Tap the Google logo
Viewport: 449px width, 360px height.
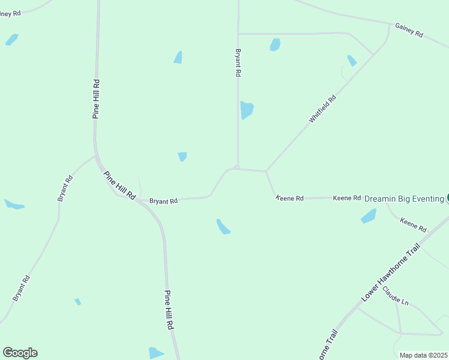coord(20,353)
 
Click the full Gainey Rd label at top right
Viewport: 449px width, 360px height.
coord(409,31)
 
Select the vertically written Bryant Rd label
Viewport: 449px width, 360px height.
coord(238,62)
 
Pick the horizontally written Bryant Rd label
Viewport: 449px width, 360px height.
coord(163,202)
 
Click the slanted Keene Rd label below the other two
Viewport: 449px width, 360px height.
coord(413,225)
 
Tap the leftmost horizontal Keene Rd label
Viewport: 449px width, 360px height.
coord(290,197)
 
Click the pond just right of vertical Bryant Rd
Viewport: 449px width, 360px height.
coord(247,110)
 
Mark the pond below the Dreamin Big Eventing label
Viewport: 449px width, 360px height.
coord(369,216)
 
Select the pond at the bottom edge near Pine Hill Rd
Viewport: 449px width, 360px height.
coord(155,353)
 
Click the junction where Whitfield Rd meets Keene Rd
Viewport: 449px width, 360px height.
coord(266,172)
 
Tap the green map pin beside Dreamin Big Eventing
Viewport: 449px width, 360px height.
coord(448,198)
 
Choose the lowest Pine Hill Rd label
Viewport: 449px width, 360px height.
coord(169,310)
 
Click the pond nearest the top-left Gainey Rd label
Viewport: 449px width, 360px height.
coord(11,40)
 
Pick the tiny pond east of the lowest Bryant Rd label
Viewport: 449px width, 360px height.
coord(77,302)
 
